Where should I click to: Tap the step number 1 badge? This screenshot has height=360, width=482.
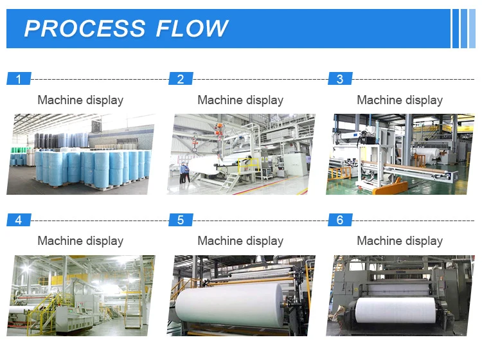pos(19,79)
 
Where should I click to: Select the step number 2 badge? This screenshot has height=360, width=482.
pos(181,79)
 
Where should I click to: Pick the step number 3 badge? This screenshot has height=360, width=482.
pos(340,79)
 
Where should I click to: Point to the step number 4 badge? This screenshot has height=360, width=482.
pos(19,220)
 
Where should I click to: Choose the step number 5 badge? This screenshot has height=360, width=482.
pos(181,220)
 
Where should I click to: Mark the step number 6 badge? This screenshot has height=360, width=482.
pos(340,220)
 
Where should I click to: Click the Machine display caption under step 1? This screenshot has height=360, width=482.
pos(80,100)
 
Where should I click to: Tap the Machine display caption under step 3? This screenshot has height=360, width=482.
pos(400,100)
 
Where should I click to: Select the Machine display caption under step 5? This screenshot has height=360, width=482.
pos(240,241)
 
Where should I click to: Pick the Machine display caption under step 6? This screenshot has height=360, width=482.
pos(400,241)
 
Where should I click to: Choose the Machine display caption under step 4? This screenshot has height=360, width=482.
pos(80,241)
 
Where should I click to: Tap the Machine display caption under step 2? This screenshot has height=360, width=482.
pos(240,100)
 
